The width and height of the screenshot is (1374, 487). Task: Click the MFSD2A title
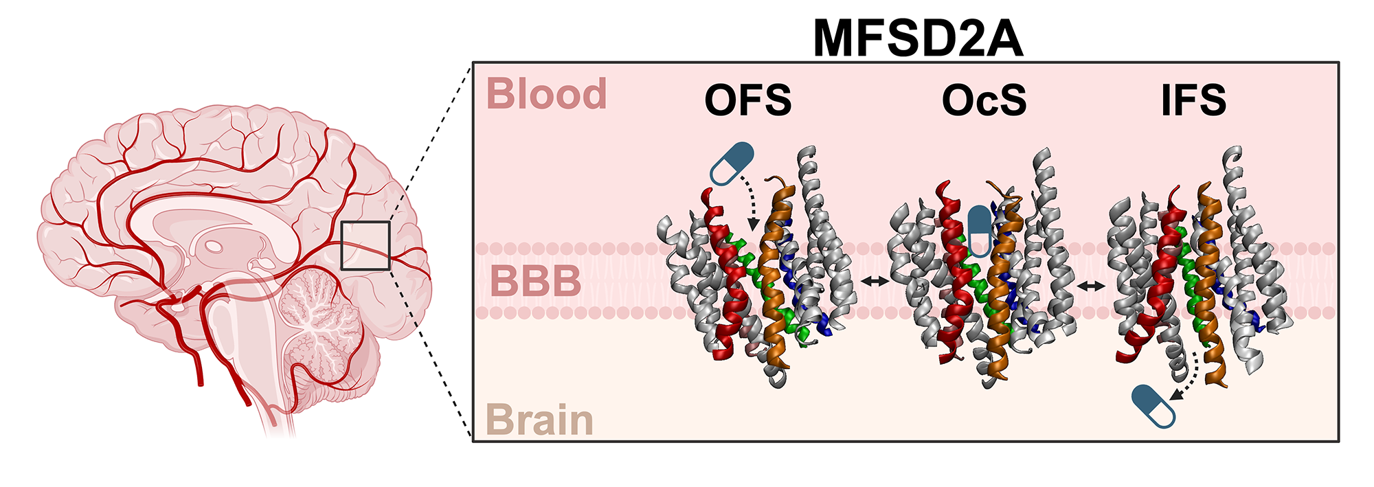918,39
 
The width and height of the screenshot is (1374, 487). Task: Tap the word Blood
547,94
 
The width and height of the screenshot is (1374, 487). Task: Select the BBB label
536,282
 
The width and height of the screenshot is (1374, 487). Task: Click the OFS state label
748,100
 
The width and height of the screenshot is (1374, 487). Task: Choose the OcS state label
984,100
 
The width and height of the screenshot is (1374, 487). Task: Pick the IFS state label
1193,100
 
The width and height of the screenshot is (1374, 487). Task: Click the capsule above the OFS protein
732,163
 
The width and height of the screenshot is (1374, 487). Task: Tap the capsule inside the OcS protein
979,230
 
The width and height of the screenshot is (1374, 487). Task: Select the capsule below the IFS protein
1153,406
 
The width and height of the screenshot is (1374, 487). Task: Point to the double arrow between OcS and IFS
1091,285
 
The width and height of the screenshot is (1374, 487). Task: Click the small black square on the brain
365,245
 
